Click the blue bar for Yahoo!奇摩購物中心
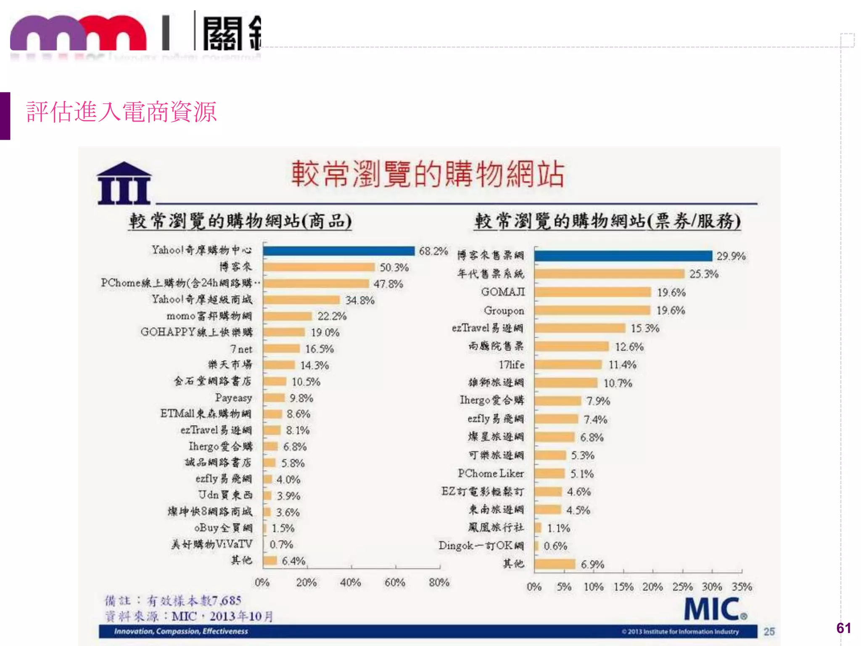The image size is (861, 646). pyautogui.click(x=339, y=251)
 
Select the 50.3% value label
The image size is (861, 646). pyautogui.click(x=394, y=267)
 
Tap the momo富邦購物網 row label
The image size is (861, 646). pyautogui.click(x=209, y=316)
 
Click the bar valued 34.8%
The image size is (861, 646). pyautogui.click(x=301, y=300)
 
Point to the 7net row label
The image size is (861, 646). pyautogui.click(x=241, y=349)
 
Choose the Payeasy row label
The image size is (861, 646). pyautogui.click(x=233, y=398)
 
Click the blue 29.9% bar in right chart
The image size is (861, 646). pyautogui.click(x=623, y=256)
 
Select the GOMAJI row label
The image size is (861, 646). pyautogui.click(x=503, y=292)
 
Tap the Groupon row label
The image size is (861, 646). pyautogui.click(x=504, y=310)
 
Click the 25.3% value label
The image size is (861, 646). pyautogui.click(x=704, y=274)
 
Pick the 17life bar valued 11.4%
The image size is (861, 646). pyautogui.click(x=568, y=365)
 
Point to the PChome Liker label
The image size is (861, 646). pyautogui.click(x=491, y=474)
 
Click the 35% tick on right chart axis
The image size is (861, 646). pyautogui.click(x=742, y=587)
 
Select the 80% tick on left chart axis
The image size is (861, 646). pyautogui.click(x=439, y=582)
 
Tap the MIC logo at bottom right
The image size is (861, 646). pyautogui.click(x=715, y=609)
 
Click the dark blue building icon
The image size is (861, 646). pyautogui.click(x=124, y=183)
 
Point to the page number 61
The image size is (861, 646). pyautogui.click(x=843, y=628)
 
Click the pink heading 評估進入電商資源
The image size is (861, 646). pyautogui.click(x=121, y=112)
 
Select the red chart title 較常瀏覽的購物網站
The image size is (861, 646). pyautogui.click(x=428, y=174)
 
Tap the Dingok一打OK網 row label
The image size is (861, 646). pyautogui.click(x=481, y=546)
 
